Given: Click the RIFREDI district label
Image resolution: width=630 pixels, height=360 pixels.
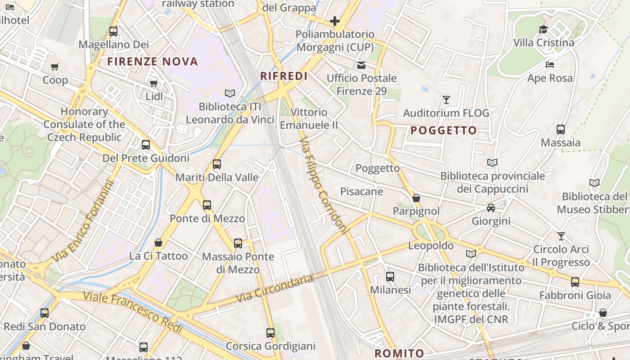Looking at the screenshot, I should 284,76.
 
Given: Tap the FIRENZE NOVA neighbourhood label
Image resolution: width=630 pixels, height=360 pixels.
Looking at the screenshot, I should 153,62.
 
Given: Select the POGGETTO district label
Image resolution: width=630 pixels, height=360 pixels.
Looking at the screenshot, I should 444,130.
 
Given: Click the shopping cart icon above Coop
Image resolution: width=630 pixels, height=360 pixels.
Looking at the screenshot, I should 55,67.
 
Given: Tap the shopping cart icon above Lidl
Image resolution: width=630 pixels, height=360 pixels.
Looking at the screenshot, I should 154,83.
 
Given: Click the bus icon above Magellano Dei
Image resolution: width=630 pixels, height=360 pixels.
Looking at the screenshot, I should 113,31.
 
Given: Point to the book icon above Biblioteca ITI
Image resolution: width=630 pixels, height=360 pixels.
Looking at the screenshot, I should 230,93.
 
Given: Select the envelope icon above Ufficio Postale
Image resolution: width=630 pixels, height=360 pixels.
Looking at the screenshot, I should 361,65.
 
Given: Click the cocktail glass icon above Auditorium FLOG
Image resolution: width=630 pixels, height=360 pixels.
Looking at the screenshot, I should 446,100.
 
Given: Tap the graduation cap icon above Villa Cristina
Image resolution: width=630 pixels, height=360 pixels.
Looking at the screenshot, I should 544,30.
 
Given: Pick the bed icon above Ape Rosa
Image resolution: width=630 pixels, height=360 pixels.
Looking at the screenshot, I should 550,65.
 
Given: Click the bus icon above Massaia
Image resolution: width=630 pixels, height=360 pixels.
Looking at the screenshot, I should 561,130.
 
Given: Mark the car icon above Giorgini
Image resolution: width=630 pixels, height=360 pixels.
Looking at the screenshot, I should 491,208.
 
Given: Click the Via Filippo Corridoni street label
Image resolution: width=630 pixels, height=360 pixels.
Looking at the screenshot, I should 324,185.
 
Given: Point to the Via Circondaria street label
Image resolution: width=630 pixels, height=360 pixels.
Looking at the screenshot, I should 274,288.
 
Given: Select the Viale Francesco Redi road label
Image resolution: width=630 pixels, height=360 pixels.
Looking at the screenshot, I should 133,313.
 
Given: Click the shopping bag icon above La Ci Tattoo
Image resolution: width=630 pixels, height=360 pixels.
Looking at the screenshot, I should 158,243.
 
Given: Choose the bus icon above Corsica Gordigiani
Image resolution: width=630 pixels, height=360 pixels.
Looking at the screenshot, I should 270,333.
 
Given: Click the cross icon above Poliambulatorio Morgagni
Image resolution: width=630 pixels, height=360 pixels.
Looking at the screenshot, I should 335,21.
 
